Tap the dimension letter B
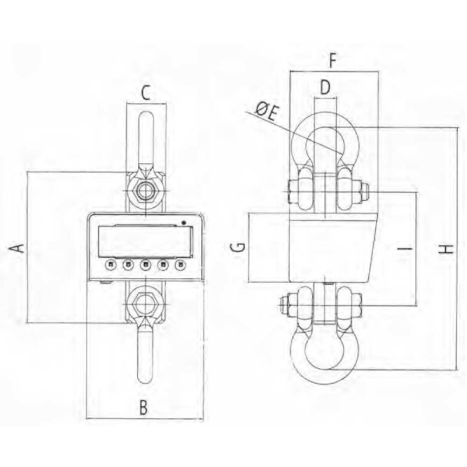[x=144, y=408]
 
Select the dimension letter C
[x=145, y=93]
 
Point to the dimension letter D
[x=326, y=88]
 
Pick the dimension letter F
[x=332, y=61]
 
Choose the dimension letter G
[x=238, y=248]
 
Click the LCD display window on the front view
[x=145, y=241]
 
